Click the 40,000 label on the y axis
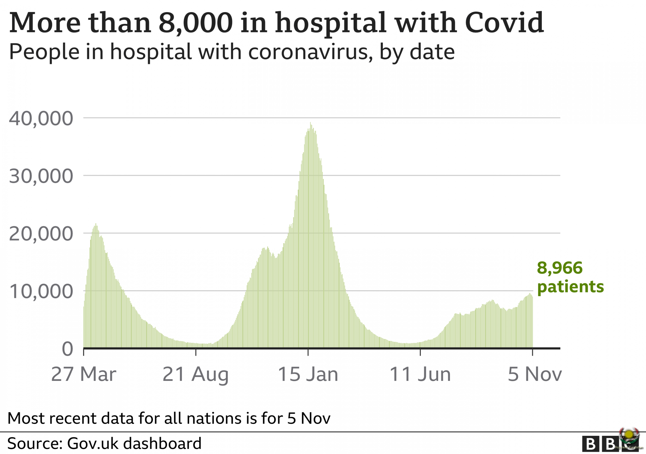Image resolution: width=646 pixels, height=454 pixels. coord(41,119)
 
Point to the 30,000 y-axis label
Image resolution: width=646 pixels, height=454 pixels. coord(41,176)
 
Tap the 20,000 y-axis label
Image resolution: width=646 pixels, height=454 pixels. coord(41,234)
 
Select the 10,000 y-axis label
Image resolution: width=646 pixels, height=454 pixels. coord(41,292)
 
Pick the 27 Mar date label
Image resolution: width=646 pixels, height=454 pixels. coord(84,374)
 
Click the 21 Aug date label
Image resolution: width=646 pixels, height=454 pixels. coord(196,374)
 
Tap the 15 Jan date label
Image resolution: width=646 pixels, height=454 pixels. coord(308,374)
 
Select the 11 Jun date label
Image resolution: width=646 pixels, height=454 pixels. coord(420,374)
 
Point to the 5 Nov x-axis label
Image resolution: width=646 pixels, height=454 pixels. coord(534,374)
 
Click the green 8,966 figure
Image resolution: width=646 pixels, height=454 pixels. coord(560,268)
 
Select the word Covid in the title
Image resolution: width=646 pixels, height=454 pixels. coord(504,22)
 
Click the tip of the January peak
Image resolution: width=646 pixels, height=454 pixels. coord(310,123)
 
